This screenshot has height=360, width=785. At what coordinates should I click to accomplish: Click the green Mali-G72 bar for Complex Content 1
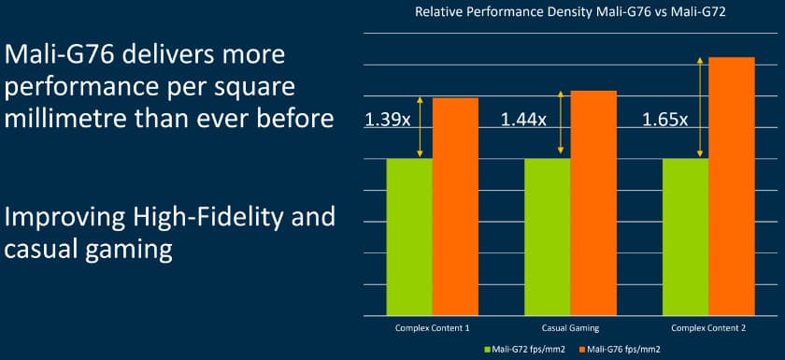click(409, 238)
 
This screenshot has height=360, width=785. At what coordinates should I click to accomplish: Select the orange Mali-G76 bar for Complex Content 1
click(456, 207)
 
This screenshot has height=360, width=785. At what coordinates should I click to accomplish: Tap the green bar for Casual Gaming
click(548, 238)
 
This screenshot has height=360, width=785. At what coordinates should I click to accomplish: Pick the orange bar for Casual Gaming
click(593, 203)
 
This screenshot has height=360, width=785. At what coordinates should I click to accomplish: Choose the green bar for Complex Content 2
click(685, 238)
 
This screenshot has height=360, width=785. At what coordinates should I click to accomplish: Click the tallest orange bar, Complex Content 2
click(732, 186)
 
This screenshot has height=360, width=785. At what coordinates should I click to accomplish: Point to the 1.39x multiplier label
click(388, 121)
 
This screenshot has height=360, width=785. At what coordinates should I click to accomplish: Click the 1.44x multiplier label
click(523, 121)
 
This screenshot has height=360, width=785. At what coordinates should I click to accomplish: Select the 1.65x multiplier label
click(664, 121)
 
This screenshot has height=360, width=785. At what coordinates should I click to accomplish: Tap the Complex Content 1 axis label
click(433, 328)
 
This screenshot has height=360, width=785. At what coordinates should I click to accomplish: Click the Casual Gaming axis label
click(570, 328)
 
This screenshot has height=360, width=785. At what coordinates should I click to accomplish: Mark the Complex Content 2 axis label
click(708, 328)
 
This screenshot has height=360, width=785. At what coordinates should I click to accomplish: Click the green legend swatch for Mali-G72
click(488, 349)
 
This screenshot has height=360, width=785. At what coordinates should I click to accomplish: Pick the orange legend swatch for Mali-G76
click(581, 349)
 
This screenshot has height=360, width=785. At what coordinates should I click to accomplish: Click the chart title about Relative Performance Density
click(570, 12)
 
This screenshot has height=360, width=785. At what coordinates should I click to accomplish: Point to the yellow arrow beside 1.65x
click(700, 108)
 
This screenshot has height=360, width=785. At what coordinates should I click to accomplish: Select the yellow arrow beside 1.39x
click(420, 127)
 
